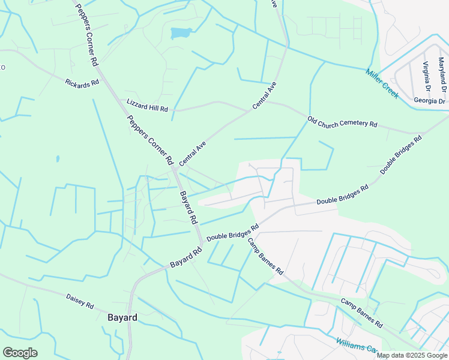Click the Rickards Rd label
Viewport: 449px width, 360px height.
point(82,83)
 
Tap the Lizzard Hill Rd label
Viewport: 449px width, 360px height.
point(147,105)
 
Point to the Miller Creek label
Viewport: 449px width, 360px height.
point(382,84)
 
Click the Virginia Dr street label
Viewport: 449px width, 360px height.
point(426,73)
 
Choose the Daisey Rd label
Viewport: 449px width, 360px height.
point(80,301)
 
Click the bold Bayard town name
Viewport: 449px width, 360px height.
point(122,317)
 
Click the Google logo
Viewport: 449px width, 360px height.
point(20,353)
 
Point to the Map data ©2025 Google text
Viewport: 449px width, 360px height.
point(412,355)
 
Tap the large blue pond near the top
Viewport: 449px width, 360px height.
point(181,32)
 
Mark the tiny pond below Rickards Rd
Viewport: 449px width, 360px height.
point(58,159)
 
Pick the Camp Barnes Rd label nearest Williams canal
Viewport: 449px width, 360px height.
point(362,312)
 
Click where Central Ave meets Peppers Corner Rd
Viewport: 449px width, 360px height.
point(173,169)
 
